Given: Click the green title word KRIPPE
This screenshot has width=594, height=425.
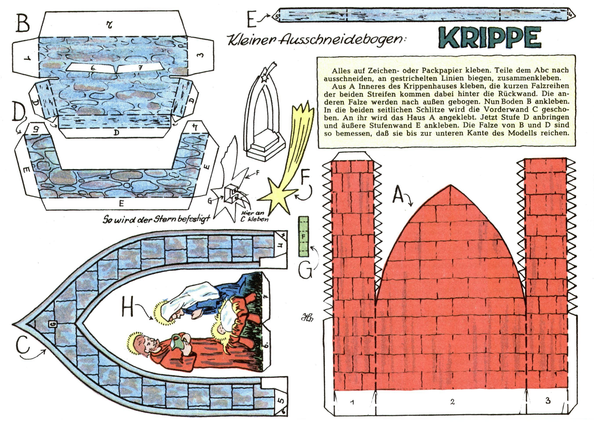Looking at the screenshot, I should point(489,38).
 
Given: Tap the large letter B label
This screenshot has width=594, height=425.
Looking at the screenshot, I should point(23,23).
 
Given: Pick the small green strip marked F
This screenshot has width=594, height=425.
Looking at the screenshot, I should point(304,236).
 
